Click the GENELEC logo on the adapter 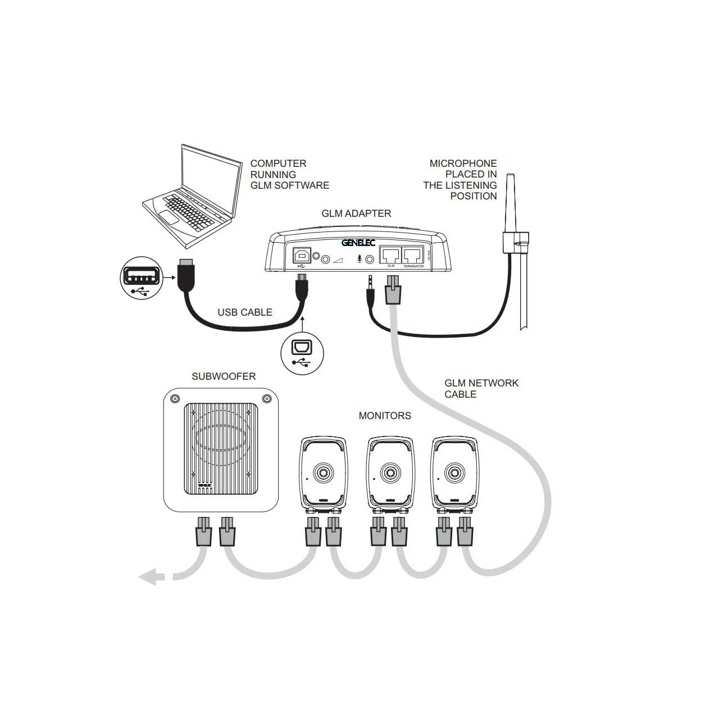pyautogui.click(x=358, y=243)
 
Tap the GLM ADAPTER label pyautogui.click(x=356, y=213)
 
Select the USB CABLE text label pyautogui.click(x=245, y=312)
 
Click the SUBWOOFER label pyautogui.click(x=224, y=376)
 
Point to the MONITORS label pyautogui.click(x=385, y=416)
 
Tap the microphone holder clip pyautogui.click(x=515, y=241)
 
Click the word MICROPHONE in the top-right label pyautogui.click(x=463, y=163)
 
